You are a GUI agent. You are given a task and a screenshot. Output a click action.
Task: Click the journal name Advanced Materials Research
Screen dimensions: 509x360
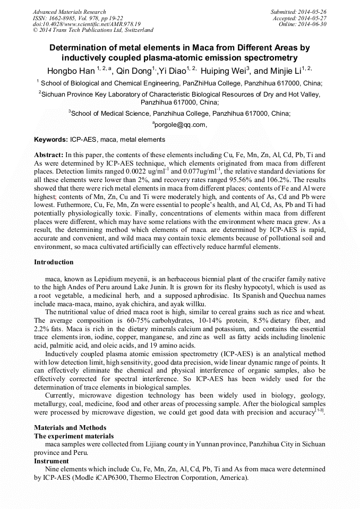[x=69, y=12]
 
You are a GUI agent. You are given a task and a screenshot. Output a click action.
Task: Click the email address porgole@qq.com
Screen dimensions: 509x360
[x=179, y=125]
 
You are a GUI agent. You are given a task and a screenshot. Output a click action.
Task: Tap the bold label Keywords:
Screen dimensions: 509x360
[x=51, y=140]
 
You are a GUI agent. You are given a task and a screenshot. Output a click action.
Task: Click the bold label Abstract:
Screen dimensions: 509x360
[x=48, y=155]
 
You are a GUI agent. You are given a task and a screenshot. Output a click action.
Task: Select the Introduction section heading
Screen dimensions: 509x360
[x=54, y=262]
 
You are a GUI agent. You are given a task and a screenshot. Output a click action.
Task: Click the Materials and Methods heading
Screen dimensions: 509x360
[x=70, y=428]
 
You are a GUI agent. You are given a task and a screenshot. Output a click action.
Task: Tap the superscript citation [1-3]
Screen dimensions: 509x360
[x=320, y=411]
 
